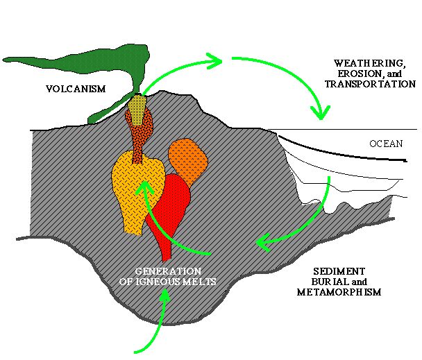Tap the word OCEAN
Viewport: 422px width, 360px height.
(x=385, y=144)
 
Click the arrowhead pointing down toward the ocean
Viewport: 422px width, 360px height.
(x=321, y=112)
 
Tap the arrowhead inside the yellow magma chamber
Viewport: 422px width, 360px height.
(x=144, y=187)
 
